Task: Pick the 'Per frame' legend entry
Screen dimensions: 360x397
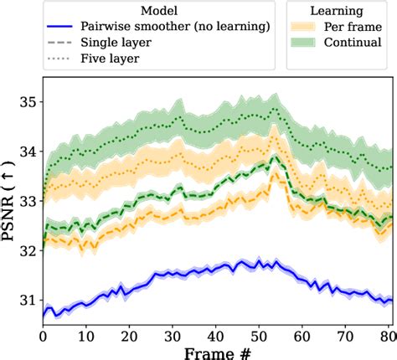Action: pos(351,28)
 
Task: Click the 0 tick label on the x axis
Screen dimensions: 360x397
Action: pos(44,333)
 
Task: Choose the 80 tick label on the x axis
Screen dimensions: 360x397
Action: pos(386,333)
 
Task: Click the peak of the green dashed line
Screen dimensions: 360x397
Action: pos(274,157)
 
